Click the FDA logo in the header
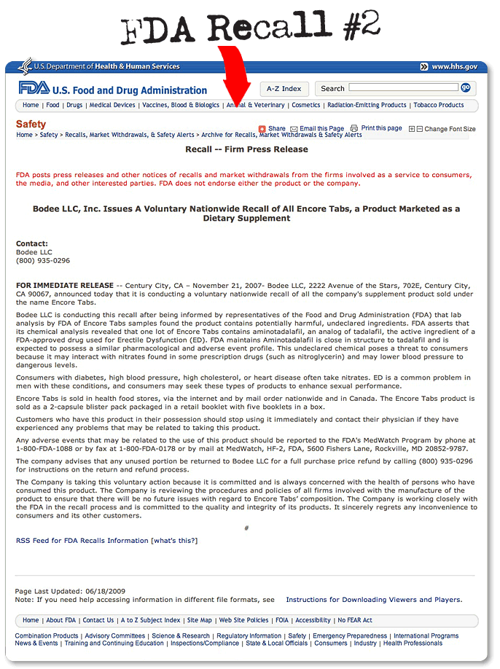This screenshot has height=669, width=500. (34, 88)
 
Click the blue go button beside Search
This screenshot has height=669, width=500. (466, 87)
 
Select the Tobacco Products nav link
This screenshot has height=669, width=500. (439, 105)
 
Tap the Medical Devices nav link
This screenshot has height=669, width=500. (112, 105)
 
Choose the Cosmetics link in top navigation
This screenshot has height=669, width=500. (306, 105)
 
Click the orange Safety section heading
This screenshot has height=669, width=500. (31, 124)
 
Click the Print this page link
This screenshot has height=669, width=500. (381, 128)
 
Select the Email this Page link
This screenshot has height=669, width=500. (321, 129)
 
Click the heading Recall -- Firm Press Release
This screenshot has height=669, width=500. (246, 149)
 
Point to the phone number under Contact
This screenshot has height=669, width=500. (43, 260)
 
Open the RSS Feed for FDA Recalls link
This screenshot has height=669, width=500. (82, 541)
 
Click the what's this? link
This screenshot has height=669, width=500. (174, 541)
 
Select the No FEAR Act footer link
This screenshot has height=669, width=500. (355, 620)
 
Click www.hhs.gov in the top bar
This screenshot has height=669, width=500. (454, 66)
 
